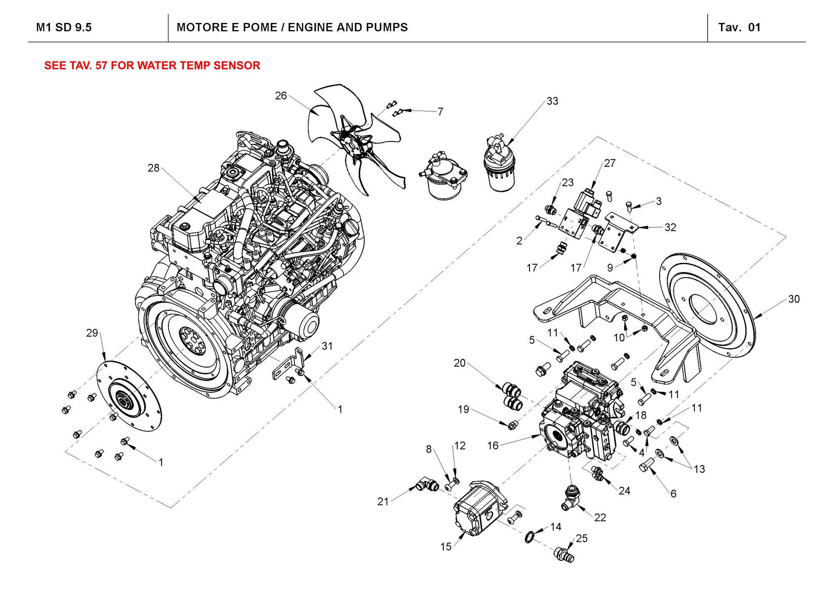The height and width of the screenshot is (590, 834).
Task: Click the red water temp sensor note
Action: point(152,66)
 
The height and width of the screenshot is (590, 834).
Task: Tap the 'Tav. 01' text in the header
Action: point(739,28)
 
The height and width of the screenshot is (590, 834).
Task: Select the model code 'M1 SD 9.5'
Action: point(64,28)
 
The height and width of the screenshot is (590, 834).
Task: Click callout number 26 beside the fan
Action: point(281,96)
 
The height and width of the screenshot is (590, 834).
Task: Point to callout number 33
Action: point(552,101)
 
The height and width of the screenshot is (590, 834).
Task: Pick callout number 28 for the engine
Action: point(153,168)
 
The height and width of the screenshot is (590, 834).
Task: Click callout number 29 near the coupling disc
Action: point(92,333)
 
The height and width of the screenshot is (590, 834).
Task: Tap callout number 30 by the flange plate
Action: point(794,299)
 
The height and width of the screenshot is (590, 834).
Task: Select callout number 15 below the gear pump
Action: point(446,547)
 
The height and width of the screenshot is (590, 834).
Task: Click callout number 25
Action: point(582,538)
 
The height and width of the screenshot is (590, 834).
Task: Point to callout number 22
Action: point(600,517)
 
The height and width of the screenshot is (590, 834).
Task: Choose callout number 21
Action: point(383,502)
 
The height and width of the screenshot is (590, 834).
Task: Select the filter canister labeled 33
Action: point(500,167)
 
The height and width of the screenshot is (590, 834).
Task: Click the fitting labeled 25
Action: point(564,555)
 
